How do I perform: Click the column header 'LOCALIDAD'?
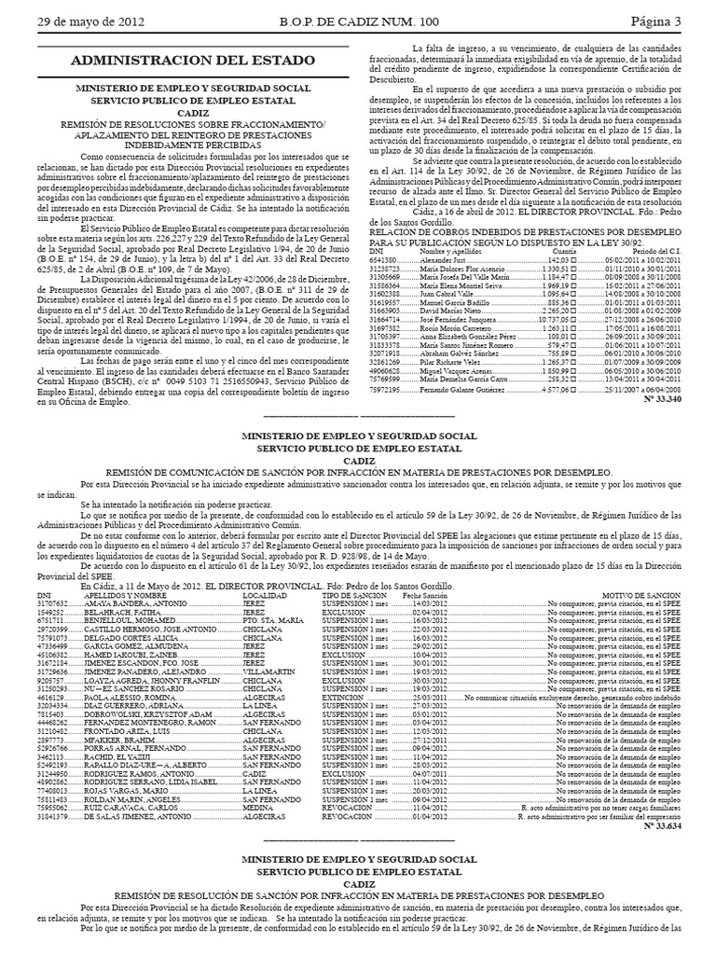pyautogui.click(x=264, y=568)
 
